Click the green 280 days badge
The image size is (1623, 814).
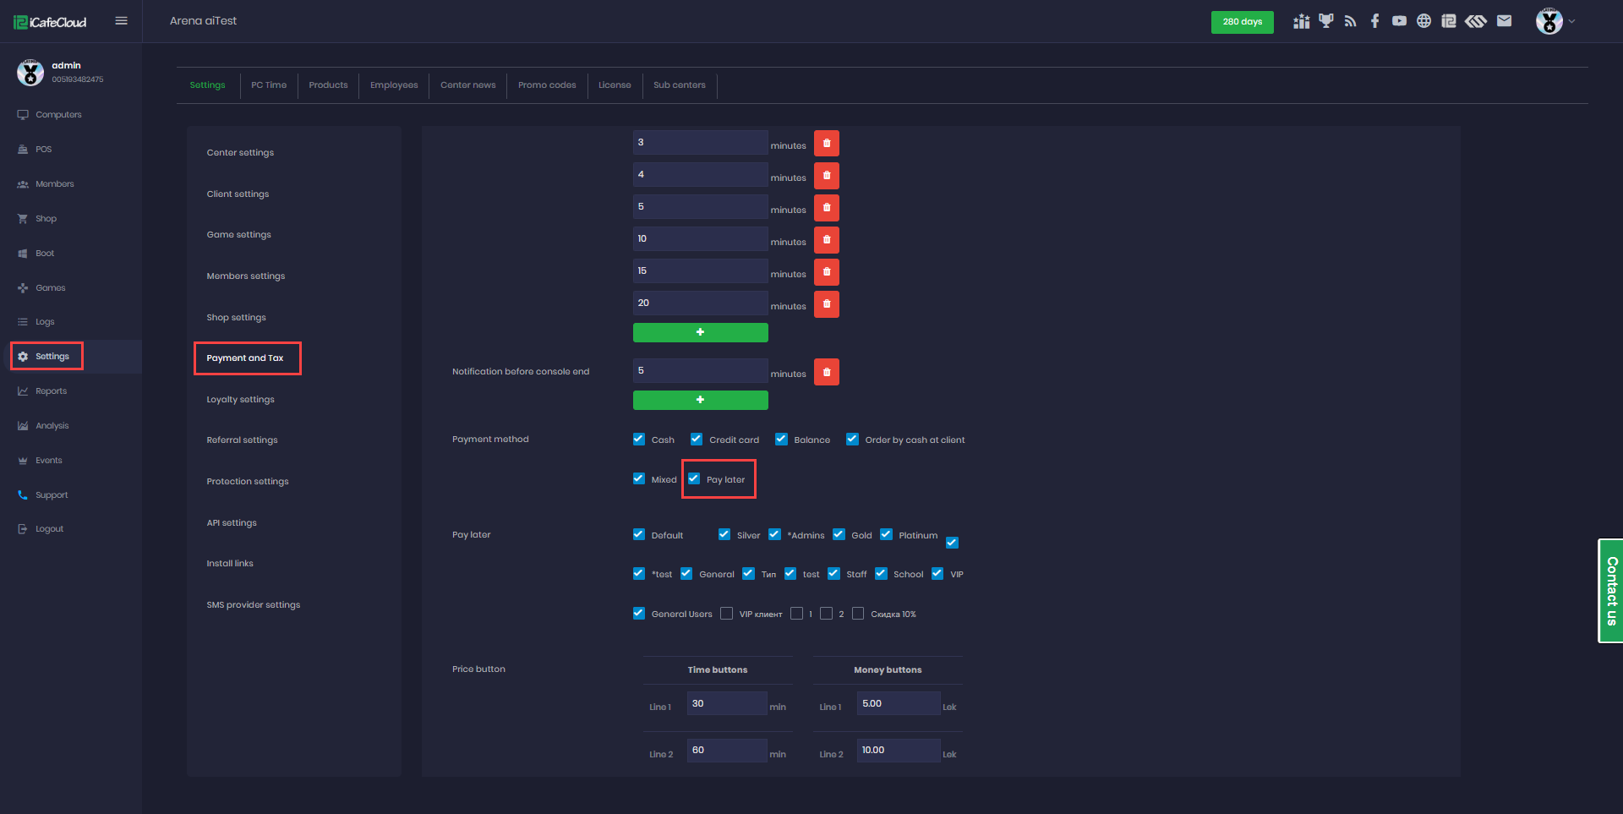click(x=1242, y=22)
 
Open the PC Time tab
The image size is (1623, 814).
click(x=269, y=85)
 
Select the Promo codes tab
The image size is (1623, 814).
click(x=547, y=85)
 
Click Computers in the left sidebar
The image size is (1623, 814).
click(x=58, y=115)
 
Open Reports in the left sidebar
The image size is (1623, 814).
click(x=51, y=391)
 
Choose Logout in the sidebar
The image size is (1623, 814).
click(x=49, y=529)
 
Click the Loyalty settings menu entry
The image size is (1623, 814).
click(x=240, y=400)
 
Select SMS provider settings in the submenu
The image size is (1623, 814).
click(x=253, y=605)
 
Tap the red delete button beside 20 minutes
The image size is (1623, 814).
click(x=826, y=303)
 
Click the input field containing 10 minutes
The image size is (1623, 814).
click(x=700, y=239)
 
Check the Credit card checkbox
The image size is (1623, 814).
click(x=697, y=440)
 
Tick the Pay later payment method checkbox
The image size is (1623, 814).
click(x=694, y=478)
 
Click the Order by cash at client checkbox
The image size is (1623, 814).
click(x=852, y=440)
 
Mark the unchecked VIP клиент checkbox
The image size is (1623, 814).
click(x=727, y=614)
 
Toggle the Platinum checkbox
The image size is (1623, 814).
click(x=886, y=534)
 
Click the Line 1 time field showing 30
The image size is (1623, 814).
click(x=726, y=703)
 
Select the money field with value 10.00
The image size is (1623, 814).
click(x=898, y=751)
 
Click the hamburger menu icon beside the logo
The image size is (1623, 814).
click(x=122, y=21)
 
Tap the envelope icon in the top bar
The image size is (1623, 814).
click(x=1504, y=21)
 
